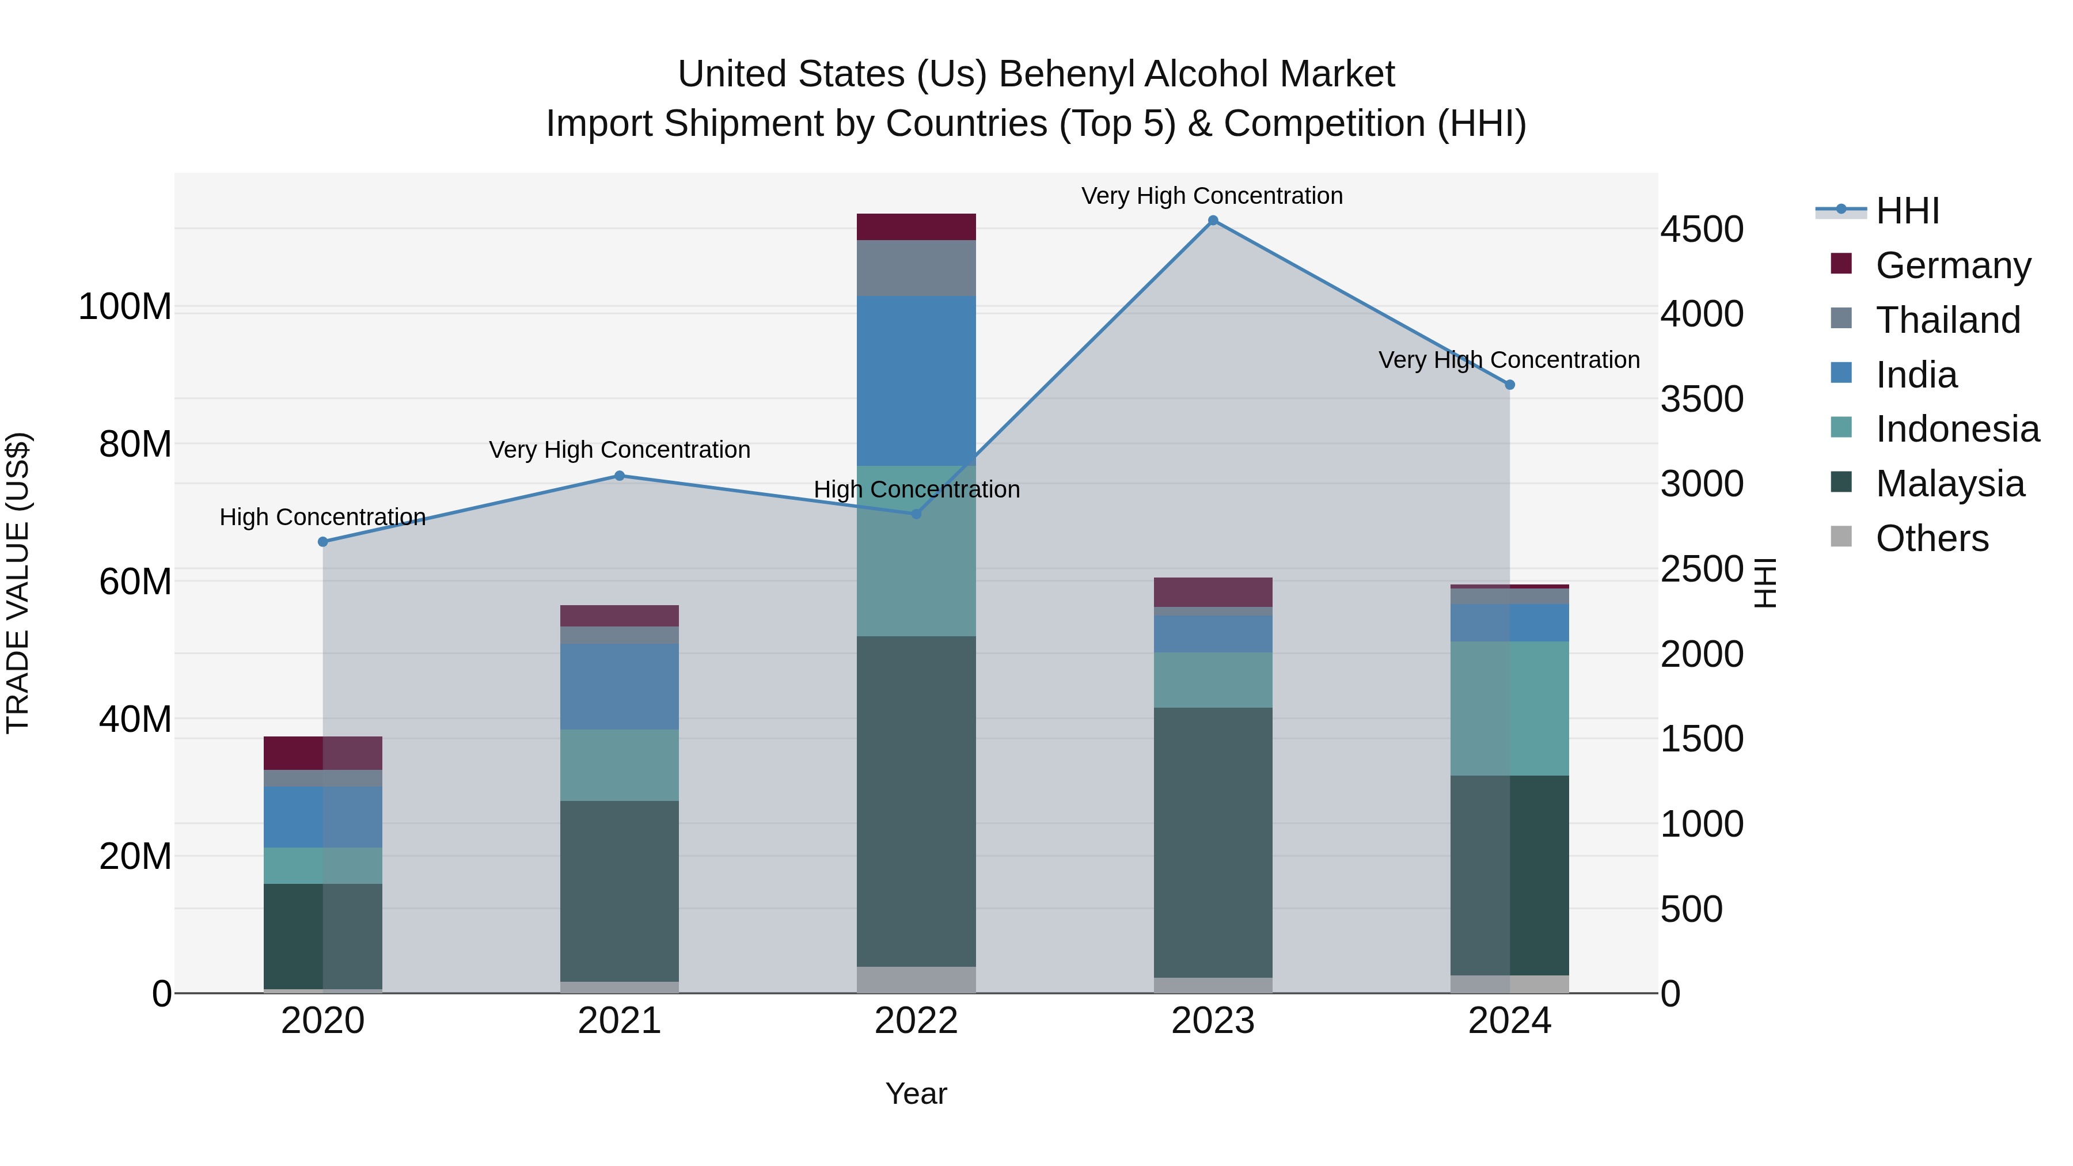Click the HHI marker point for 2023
[1213, 221]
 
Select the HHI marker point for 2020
[322, 542]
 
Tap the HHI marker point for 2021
[619, 476]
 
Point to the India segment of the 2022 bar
[916, 380]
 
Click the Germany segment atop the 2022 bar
[916, 226]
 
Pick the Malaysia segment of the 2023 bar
[1213, 842]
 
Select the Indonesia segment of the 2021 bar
[619, 765]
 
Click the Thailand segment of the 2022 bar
[916, 267]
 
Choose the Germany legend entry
[1952, 265]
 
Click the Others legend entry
[1931, 538]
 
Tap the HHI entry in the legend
[1907, 211]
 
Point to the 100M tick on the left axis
[125, 306]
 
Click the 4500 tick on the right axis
[1701, 229]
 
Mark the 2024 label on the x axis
[1509, 1020]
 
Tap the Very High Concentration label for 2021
[619, 449]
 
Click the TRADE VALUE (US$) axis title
[18, 583]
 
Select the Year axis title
[916, 1093]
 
